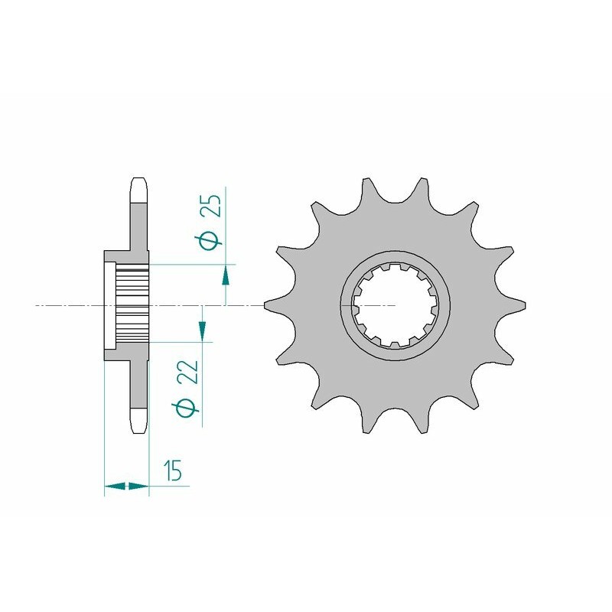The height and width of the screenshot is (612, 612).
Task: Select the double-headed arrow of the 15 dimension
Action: click(126, 485)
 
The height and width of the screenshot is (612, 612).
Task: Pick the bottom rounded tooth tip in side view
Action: click(138, 421)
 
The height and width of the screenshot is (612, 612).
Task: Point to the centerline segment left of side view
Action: click(69, 306)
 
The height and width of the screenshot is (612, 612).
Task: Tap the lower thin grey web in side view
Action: click(138, 382)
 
